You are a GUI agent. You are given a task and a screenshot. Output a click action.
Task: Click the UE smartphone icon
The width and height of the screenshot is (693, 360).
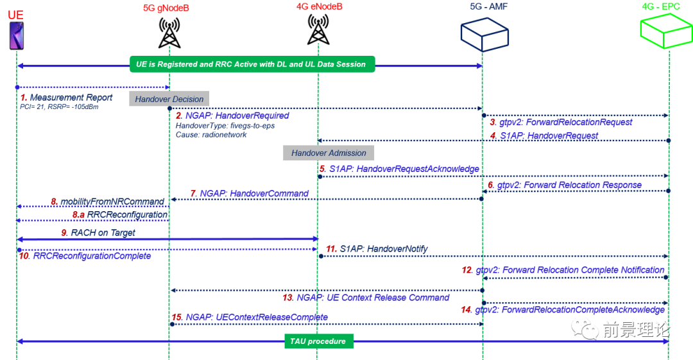(16, 35)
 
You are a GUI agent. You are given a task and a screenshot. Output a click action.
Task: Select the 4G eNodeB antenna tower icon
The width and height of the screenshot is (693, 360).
(318, 30)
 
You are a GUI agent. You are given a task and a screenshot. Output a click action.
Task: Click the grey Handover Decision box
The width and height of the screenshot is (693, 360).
(169, 99)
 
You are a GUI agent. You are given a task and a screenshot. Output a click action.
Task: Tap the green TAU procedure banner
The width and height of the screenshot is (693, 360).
(318, 341)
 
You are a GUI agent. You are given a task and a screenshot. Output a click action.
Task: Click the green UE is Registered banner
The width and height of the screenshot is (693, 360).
(251, 64)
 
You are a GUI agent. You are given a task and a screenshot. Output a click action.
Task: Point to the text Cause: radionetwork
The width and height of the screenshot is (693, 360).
(211, 135)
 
